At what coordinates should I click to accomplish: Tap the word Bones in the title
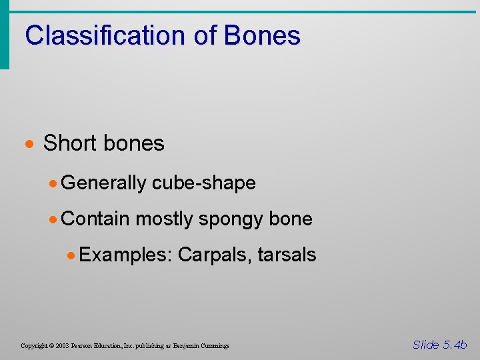click(x=262, y=35)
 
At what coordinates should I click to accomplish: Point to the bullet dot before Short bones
click(x=31, y=144)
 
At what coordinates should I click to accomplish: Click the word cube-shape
click(x=204, y=183)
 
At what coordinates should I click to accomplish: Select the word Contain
click(x=96, y=219)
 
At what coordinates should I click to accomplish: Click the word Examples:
click(x=127, y=255)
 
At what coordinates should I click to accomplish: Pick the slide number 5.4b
click(x=455, y=345)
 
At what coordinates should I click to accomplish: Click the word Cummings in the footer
click(x=213, y=346)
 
